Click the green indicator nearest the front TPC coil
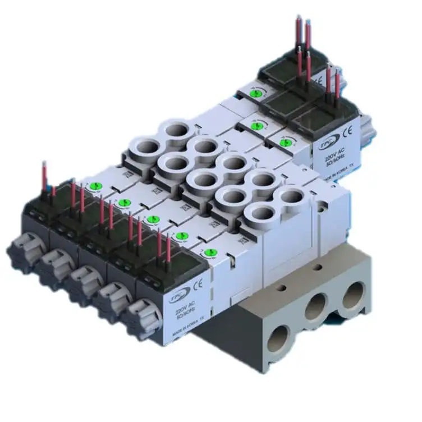pos(210,253)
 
